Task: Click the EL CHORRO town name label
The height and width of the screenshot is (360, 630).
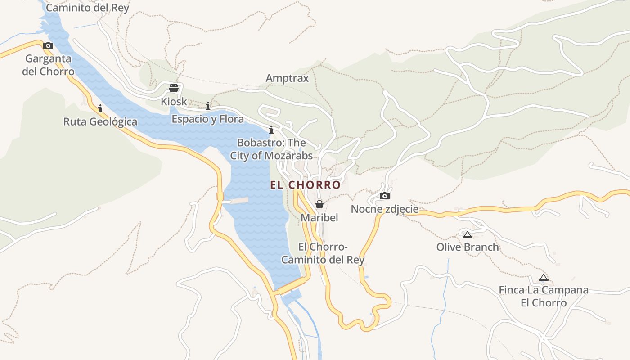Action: coord(305,185)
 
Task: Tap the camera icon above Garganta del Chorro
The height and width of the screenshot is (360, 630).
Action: coord(48,45)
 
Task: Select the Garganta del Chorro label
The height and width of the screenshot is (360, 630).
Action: coord(48,65)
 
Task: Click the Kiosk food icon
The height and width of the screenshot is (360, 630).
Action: coord(174,88)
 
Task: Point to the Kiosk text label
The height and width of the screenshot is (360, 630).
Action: coord(174,102)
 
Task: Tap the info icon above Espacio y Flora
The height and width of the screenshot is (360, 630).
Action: coord(208,106)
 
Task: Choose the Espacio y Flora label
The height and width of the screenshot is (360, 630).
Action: coord(207,119)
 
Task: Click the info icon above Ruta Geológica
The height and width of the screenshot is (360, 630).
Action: coord(100,108)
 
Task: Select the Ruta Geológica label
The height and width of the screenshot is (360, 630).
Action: coord(100,121)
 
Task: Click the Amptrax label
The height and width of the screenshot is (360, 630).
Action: coord(287,78)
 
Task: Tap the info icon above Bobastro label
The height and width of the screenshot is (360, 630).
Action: coord(271,130)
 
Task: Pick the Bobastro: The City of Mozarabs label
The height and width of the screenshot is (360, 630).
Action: coord(271,149)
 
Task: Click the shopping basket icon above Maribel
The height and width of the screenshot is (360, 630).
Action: coord(319,204)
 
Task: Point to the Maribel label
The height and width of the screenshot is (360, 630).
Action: coord(319,218)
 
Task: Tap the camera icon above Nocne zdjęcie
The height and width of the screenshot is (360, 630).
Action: coord(384,196)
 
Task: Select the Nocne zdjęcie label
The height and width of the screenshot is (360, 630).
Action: coord(384,209)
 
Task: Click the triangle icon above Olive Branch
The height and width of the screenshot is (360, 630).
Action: coord(468,234)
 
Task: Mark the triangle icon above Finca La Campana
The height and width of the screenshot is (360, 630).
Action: coord(544,278)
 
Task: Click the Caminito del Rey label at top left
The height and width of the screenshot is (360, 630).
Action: coord(87,8)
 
